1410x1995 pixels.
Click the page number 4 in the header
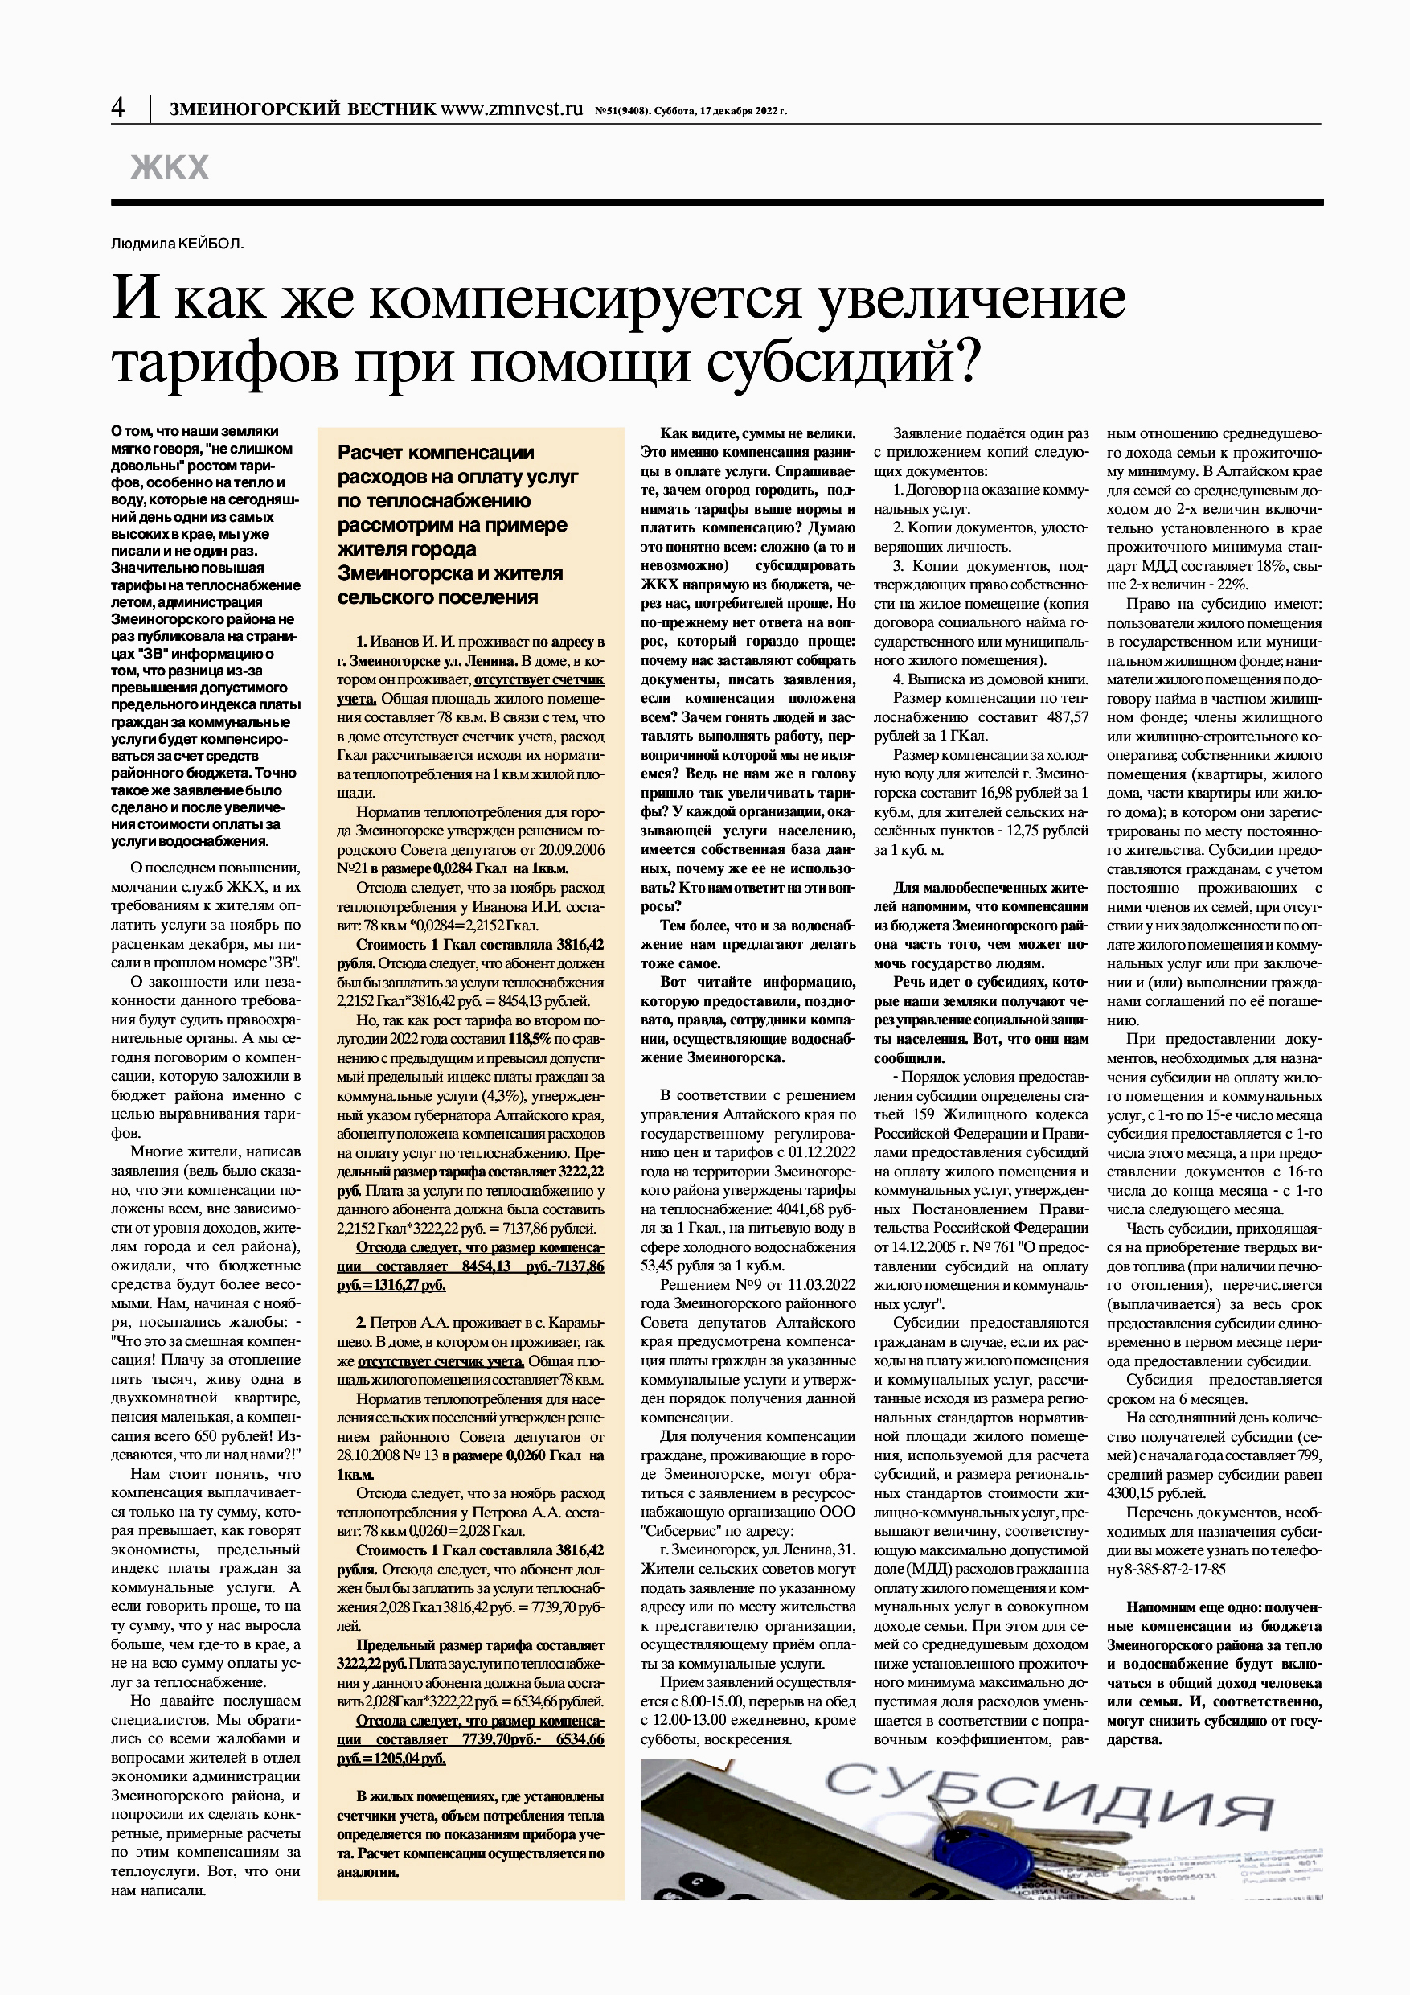coord(118,108)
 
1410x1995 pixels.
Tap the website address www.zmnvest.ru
coord(512,109)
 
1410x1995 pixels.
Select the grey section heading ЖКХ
coord(170,168)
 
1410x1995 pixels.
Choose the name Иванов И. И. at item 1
coord(404,642)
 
